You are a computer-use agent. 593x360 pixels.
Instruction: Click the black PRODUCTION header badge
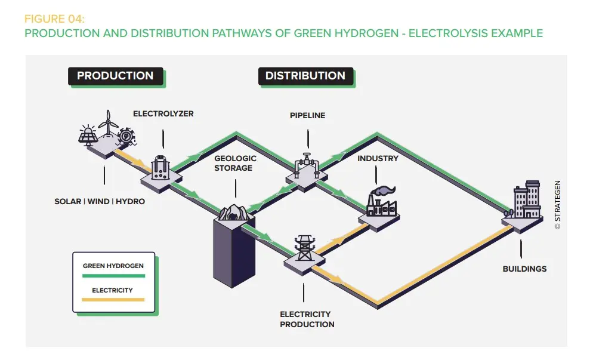point(115,76)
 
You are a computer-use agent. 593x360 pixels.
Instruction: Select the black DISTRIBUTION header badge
point(305,76)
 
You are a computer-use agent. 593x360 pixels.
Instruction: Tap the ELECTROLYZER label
point(163,113)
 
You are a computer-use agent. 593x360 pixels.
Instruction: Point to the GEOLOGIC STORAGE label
point(235,163)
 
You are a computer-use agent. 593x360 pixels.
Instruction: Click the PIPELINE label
point(307,115)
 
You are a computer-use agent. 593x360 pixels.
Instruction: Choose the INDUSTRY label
point(378,159)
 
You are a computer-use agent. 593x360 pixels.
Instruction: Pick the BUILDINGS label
point(524,269)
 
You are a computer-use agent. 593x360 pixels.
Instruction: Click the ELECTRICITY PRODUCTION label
point(307,319)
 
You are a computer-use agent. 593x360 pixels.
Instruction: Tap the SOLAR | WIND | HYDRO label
point(100,201)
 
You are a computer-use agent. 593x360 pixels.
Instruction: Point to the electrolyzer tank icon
point(160,168)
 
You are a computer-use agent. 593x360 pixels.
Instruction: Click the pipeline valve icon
point(305,163)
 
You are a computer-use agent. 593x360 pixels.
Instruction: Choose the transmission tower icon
point(304,247)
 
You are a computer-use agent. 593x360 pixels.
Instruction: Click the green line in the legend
point(113,276)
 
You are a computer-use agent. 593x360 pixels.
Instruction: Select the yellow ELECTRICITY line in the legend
point(113,300)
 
